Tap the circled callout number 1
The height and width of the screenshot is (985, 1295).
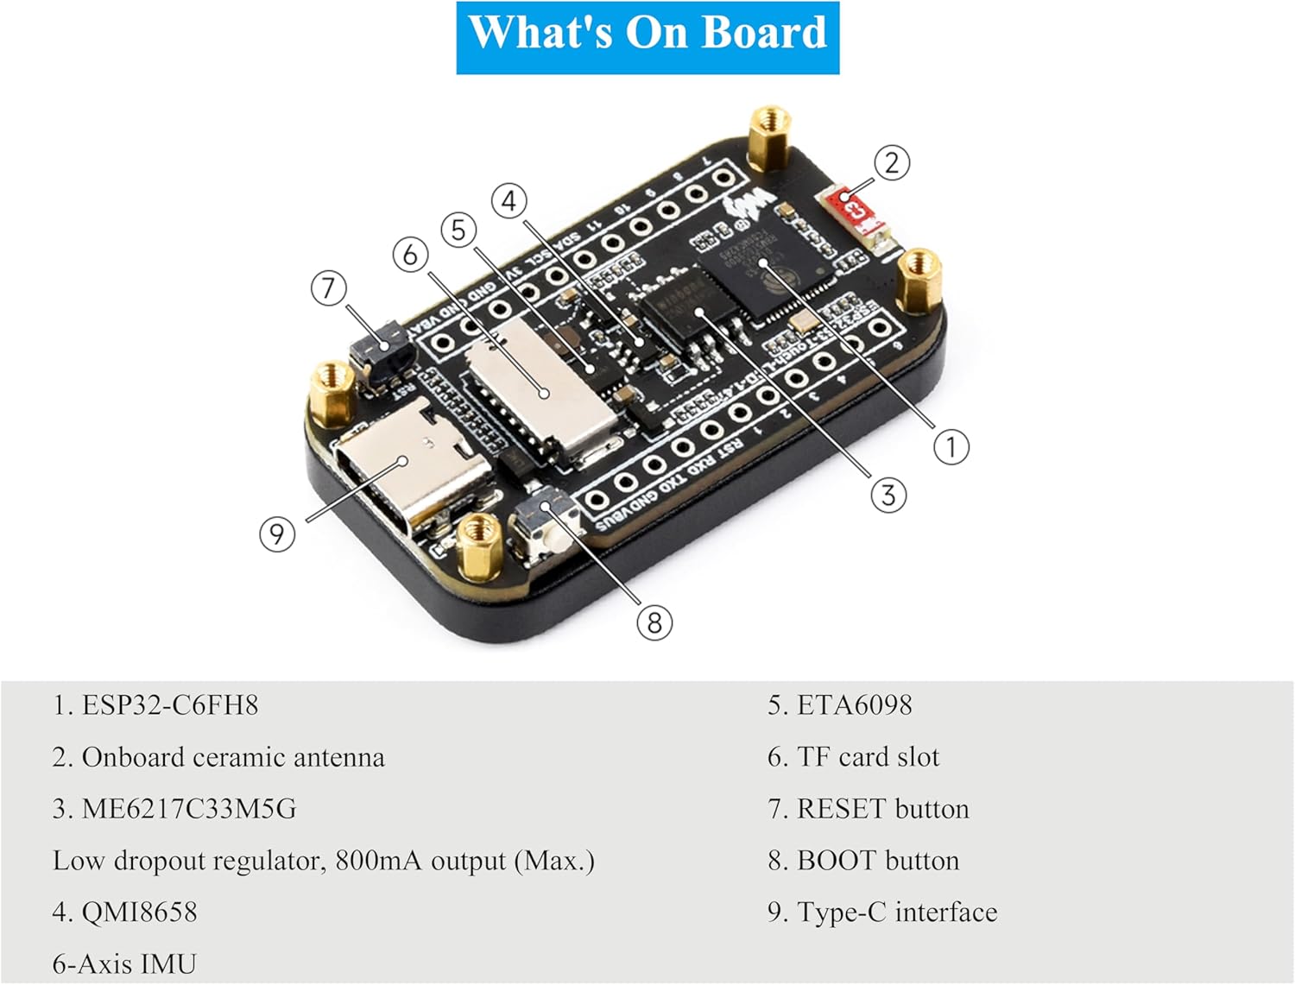click(x=951, y=447)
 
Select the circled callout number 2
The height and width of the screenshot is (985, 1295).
click(x=892, y=162)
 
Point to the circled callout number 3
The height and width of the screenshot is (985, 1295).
click(x=888, y=495)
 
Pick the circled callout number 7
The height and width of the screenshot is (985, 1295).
click(x=328, y=287)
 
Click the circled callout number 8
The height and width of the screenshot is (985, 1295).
click(x=654, y=622)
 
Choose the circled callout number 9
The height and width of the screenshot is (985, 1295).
click(x=277, y=534)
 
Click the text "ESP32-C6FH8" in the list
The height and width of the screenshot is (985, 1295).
click(x=169, y=705)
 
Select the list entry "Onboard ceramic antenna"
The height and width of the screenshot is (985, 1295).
click(x=232, y=757)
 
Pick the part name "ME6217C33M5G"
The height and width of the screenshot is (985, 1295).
click(x=188, y=809)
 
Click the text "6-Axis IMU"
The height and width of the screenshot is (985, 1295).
click(x=124, y=963)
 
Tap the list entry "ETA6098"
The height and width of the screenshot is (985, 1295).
click(x=854, y=705)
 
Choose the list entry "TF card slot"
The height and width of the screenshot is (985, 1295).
click(x=867, y=757)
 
